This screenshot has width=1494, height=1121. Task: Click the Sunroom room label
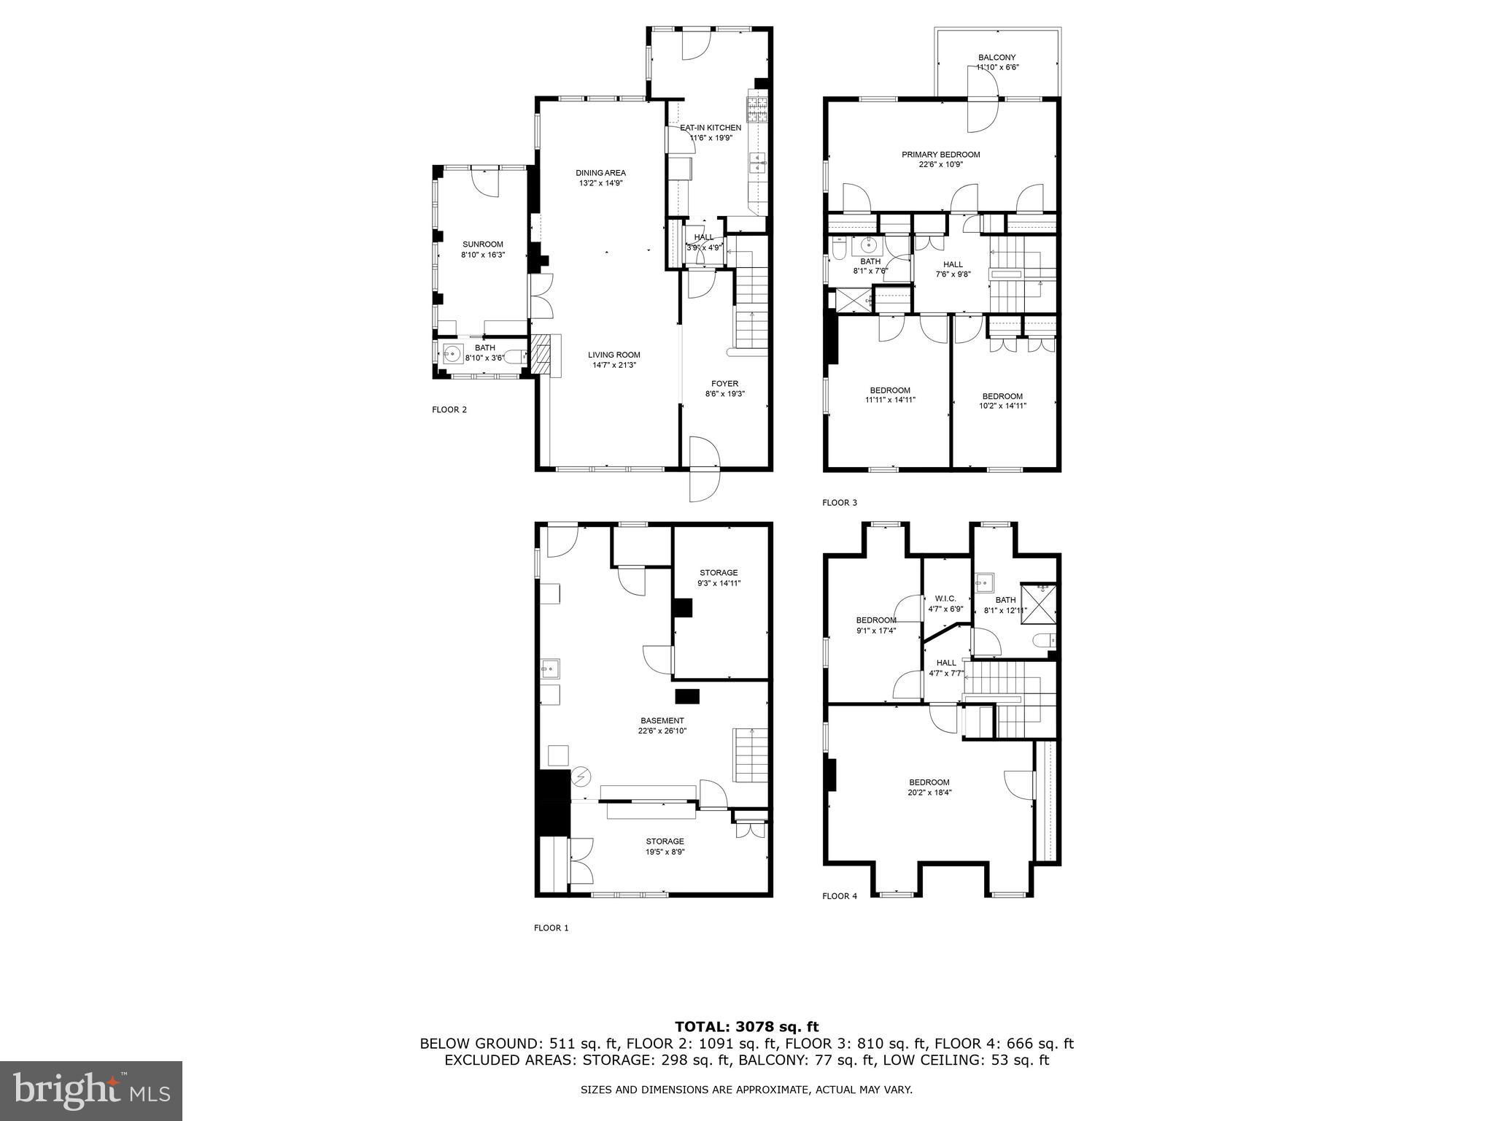(x=482, y=250)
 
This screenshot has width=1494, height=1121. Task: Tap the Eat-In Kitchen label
(x=700, y=132)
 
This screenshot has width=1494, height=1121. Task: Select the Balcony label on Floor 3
(x=996, y=62)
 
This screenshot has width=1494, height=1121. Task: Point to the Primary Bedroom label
(x=940, y=159)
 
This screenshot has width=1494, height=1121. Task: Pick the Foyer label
(x=724, y=388)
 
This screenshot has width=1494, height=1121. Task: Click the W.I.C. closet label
(x=945, y=603)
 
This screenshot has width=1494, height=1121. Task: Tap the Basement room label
(x=662, y=725)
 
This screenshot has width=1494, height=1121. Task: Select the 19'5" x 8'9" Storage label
(x=665, y=846)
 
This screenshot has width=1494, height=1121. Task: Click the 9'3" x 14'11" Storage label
(x=719, y=577)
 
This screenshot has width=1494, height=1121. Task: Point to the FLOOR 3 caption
(x=840, y=503)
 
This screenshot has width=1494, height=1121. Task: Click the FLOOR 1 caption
(x=551, y=928)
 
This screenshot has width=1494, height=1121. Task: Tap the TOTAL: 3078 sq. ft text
(x=746, y=1028)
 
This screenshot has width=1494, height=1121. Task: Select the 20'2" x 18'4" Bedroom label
(x=929, y=787)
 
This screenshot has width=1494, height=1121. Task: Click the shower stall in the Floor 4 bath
(x=1039, y=603)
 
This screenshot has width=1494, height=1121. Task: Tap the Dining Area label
(x=600, y=178)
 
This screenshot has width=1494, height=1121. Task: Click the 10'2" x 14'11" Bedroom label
(x=1002, y=401)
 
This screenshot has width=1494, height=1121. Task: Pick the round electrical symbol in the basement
(x=581, y=778)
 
